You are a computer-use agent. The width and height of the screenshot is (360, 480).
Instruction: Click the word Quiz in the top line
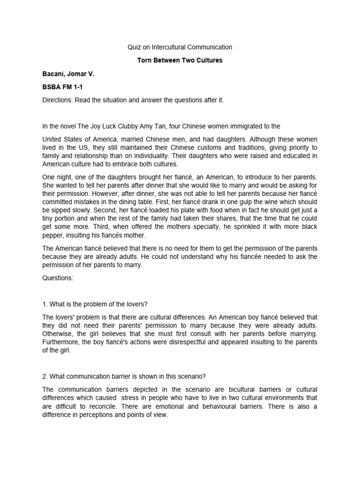134,47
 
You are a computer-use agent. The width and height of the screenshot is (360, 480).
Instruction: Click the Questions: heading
58,277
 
